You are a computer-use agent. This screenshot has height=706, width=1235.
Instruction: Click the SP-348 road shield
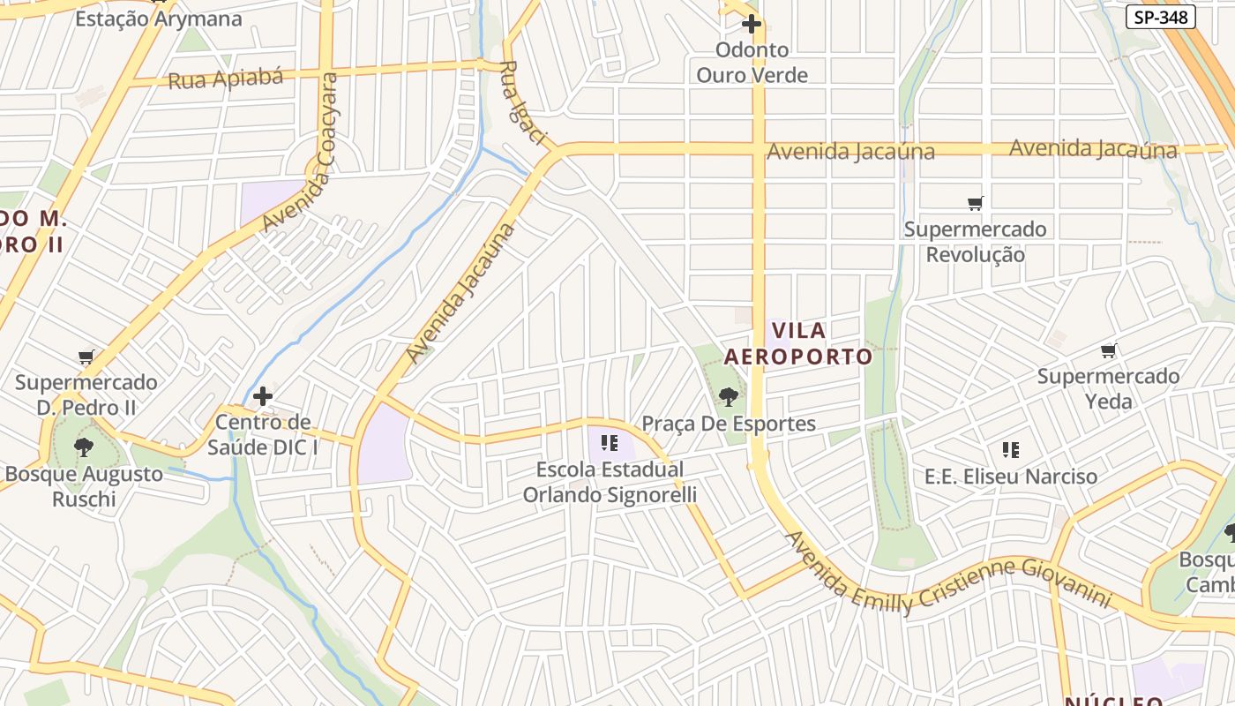[1160, 17]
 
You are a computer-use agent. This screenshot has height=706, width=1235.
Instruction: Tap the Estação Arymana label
[158, 19]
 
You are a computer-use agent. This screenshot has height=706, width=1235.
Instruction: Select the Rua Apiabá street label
[226, 79]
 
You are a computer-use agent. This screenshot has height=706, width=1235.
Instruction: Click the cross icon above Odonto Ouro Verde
[752, 24]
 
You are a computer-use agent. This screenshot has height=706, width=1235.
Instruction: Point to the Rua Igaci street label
[524, 107]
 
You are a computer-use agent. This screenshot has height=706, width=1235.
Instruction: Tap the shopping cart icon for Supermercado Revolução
[975, 204]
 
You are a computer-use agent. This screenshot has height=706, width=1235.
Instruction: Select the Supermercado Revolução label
[975, 242]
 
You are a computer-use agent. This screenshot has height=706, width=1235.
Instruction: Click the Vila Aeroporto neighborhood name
[798, 344]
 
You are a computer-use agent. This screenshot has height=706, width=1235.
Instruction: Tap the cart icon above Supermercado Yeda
[1109, 351]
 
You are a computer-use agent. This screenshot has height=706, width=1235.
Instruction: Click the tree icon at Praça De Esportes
[728, 396]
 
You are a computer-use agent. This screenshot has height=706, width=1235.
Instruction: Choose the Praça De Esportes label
[728, 424]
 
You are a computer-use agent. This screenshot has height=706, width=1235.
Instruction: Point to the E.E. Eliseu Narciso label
[1010, 477]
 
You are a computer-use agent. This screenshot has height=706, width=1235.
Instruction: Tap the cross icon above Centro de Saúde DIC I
[262, 396]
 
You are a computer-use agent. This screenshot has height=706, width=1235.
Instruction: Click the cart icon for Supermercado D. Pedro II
[86, 357]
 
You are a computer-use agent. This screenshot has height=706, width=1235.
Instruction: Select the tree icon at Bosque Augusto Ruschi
[84, 447]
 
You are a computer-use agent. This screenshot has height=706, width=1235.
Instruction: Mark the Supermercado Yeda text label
[1108, 388]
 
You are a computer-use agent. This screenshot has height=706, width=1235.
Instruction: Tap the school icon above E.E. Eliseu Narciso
[1011, 450]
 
